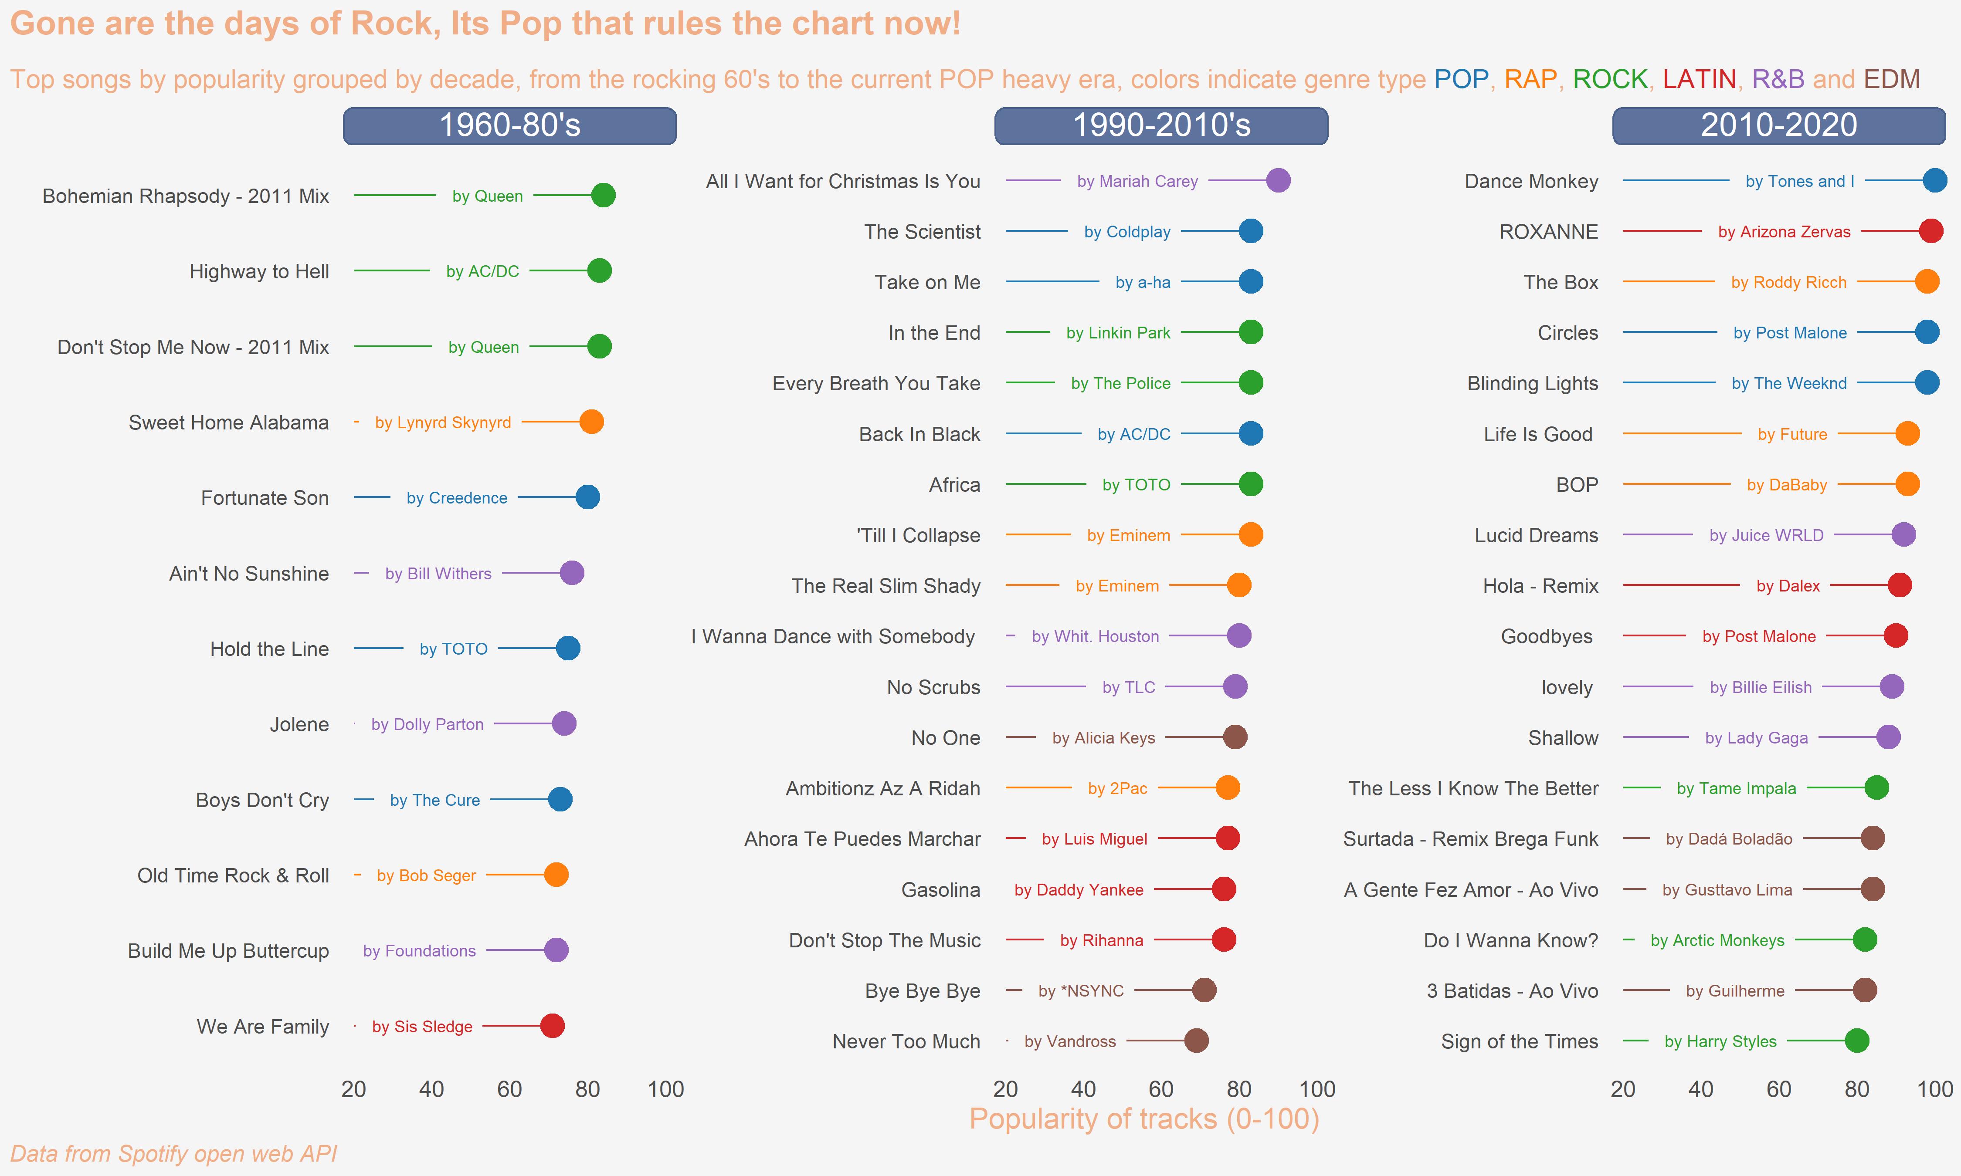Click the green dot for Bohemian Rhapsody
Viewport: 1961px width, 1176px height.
[x=603, y=195]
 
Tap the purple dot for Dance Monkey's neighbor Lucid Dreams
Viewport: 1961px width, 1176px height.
[x=1903, y=535]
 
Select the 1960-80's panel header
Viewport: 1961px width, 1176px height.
[x=510, y=125]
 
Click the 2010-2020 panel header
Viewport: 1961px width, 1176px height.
[x=1779, y=125]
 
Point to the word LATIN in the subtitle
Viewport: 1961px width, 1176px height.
[x=1699, y=79]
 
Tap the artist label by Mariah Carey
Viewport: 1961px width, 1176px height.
[x=1137, y=182]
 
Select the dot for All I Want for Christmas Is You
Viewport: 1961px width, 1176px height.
[x=1278, y=181]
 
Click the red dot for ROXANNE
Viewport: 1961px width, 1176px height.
[x=1931, y=231]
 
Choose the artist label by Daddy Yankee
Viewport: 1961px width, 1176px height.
[x=1079, y=890]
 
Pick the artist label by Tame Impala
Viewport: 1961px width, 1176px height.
[x=1736, y=788]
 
